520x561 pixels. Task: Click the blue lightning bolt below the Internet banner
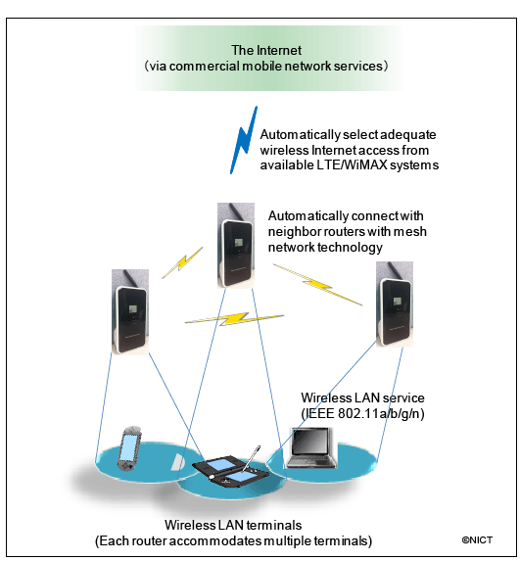point(244,140)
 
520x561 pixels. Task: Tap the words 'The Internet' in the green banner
point(266,50)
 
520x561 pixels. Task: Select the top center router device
point(236,246)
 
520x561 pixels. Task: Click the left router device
point(130,311)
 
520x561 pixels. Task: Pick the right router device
point(395,304)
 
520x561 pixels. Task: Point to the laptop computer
point(311,447)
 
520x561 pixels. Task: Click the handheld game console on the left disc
point(129,448)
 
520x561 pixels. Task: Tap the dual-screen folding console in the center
point(230,472)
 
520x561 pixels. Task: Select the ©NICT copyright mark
point(477,539)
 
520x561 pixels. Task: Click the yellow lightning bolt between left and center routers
point(182,262)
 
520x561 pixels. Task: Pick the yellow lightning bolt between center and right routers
point(318,285)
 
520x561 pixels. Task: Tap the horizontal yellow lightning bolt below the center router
point(234,319)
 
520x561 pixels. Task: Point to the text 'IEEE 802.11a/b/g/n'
point(362,413)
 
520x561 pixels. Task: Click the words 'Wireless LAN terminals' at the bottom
point(233,525)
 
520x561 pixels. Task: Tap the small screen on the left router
point(133,308)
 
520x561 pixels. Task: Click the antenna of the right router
point(394,271)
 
